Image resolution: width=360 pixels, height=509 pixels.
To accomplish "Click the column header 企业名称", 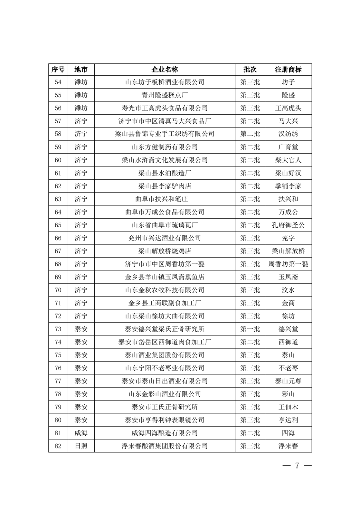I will click(x=165, y=69).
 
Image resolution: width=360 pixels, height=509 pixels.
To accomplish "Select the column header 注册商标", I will click(x=288, y=69).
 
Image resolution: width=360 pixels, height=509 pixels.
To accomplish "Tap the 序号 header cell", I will click(x=58, y=69).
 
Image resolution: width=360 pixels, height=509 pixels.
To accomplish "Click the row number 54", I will click(x=58, y=82).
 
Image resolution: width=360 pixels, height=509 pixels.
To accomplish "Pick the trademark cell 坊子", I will click(x=288, y=82).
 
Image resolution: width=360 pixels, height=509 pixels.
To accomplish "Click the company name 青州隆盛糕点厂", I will click(x=165, y=95).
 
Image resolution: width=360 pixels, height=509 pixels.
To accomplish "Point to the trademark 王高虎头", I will click(x=288, y=108).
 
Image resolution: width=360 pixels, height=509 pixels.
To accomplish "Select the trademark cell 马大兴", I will click(x=288, y=121).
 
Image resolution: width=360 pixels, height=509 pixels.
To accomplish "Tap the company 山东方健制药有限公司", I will click(x=165, y=147).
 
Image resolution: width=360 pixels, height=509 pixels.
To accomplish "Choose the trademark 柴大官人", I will click(x=288, y=160).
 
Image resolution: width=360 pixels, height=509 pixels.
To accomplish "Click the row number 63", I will click(x=58, y=199).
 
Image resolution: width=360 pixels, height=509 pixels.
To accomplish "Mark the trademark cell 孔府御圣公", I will click(x=288, y=225).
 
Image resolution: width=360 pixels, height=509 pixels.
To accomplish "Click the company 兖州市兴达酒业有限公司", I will click(x=165, y=238).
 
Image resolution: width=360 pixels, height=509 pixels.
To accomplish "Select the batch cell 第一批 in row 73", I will click(x=250, y=329).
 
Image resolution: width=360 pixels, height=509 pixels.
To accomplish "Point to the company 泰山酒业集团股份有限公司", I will click(x=165, y=355).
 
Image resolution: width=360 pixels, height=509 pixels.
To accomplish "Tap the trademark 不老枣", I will click(x=288, y=368).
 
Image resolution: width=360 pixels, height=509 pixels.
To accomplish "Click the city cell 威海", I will click(x=81, y=433).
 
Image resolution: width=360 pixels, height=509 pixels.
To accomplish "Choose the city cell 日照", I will click(x=81, y=446).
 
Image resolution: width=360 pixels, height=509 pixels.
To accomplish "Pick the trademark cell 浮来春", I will click(x=288, y=446).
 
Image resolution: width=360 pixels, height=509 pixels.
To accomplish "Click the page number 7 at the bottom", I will click(x=297, y=466).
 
